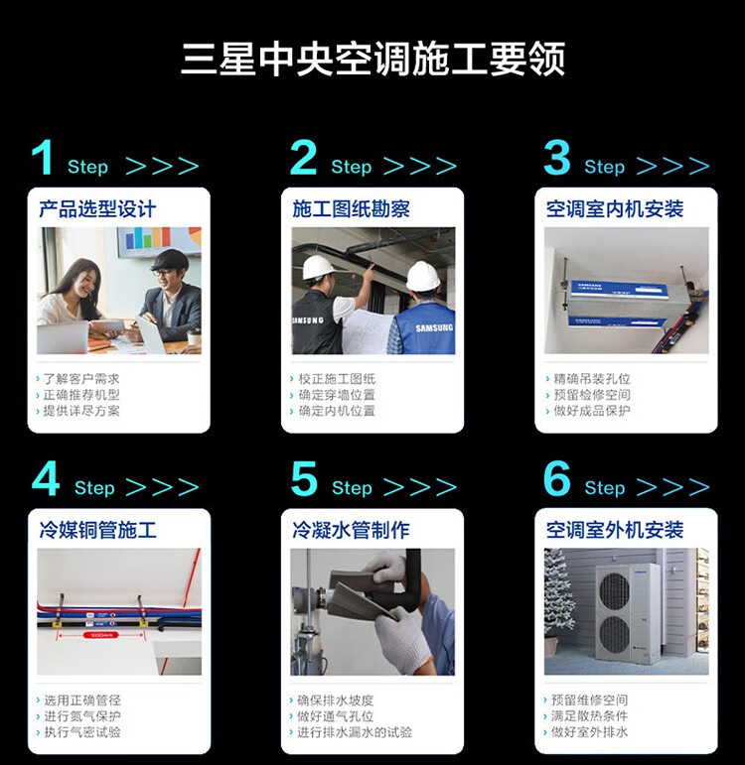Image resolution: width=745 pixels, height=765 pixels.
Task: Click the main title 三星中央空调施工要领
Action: click(373, 59)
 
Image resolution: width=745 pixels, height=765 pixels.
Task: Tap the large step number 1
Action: click(43, 157)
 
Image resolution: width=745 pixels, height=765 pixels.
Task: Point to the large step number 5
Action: click(304, 478)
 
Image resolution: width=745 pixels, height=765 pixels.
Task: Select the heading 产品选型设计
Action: click(97, 209)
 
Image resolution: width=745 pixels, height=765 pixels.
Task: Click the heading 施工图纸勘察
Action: click(352, 209)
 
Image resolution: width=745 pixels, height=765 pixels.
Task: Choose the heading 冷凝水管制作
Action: click(351, 530)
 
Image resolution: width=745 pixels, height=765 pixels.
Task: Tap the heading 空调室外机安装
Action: click(615, 530)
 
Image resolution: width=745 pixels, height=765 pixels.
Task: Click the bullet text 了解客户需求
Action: click(81, 379)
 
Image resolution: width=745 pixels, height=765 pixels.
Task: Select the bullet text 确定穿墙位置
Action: click(337, 395)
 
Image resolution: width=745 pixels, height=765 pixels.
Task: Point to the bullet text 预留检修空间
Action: click(592, 395)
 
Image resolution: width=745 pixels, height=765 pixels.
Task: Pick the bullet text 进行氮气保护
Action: click(82, 716)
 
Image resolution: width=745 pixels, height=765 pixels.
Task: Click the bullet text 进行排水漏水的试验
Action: click(355, 732)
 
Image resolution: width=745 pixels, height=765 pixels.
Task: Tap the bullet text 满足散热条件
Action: click(590, 716)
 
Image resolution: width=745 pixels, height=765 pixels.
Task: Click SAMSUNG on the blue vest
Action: click(434, 327)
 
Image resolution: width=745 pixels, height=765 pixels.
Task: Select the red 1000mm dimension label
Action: click(100, 635)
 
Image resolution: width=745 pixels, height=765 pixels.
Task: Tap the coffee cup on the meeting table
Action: click(194, 338)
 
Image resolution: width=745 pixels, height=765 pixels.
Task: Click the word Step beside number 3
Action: click(604, 167)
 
